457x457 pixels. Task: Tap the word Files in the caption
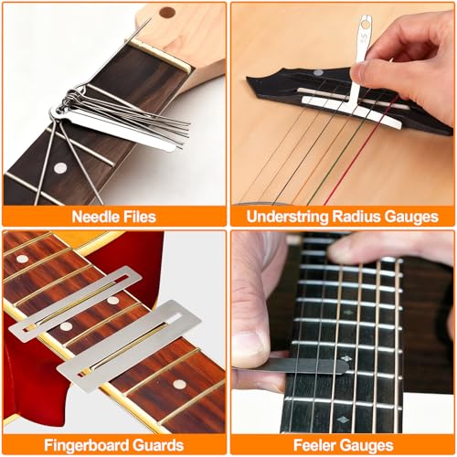point(137,218)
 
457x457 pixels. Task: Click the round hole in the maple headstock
point(166,13)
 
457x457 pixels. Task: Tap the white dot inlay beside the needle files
point(61,168)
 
